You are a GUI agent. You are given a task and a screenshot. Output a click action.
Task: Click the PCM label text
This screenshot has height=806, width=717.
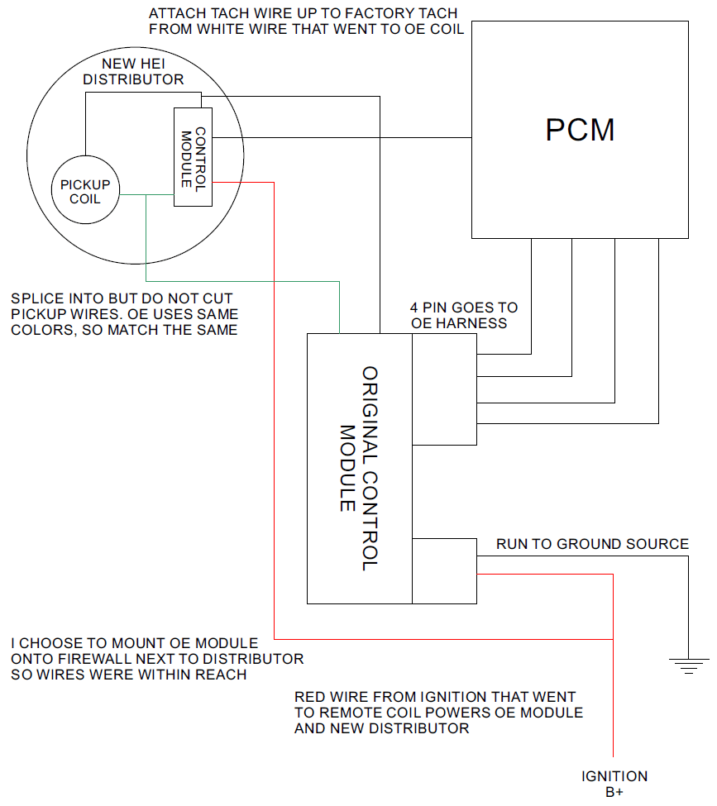click(x=581, y=130)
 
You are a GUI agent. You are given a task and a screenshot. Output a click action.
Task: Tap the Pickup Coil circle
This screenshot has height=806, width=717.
click(x=85, y=190)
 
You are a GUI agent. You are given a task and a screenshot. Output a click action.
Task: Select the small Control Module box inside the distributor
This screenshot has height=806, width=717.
click(x=193, y=157)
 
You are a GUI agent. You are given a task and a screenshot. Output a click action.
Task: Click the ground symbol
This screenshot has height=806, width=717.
click(x=689, y=665)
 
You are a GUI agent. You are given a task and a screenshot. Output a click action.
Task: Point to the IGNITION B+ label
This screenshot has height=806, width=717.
click(x=614, y=784)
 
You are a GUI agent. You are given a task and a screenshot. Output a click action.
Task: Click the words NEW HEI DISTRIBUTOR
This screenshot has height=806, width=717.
click(x=133, y=71)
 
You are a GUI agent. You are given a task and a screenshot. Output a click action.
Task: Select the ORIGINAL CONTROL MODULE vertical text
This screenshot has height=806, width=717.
click(x=359, y=469)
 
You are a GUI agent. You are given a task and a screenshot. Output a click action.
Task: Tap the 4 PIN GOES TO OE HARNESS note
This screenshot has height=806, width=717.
click(x=464, y=315)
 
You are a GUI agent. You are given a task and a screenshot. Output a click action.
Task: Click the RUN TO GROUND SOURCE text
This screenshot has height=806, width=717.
click(x=592, y=544)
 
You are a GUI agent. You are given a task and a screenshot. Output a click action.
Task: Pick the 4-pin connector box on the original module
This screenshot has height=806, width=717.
click(x=444, y=389)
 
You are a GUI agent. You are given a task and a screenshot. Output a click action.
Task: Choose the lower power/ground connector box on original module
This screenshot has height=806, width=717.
click(x=444, y=570)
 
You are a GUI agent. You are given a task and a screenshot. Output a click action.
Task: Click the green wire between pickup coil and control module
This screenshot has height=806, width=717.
click(x=146, y=194)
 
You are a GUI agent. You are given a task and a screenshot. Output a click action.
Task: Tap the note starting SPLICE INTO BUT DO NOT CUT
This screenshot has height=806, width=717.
click(x=125, y=314)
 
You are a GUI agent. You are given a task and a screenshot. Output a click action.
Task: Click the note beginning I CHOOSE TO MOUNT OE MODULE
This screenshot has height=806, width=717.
click(x=157, y=659)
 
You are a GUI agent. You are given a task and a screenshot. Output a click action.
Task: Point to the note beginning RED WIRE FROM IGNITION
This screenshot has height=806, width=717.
click(x=439, y=713)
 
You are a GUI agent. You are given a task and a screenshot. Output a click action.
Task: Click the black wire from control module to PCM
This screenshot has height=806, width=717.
click(x=342, y=137)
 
